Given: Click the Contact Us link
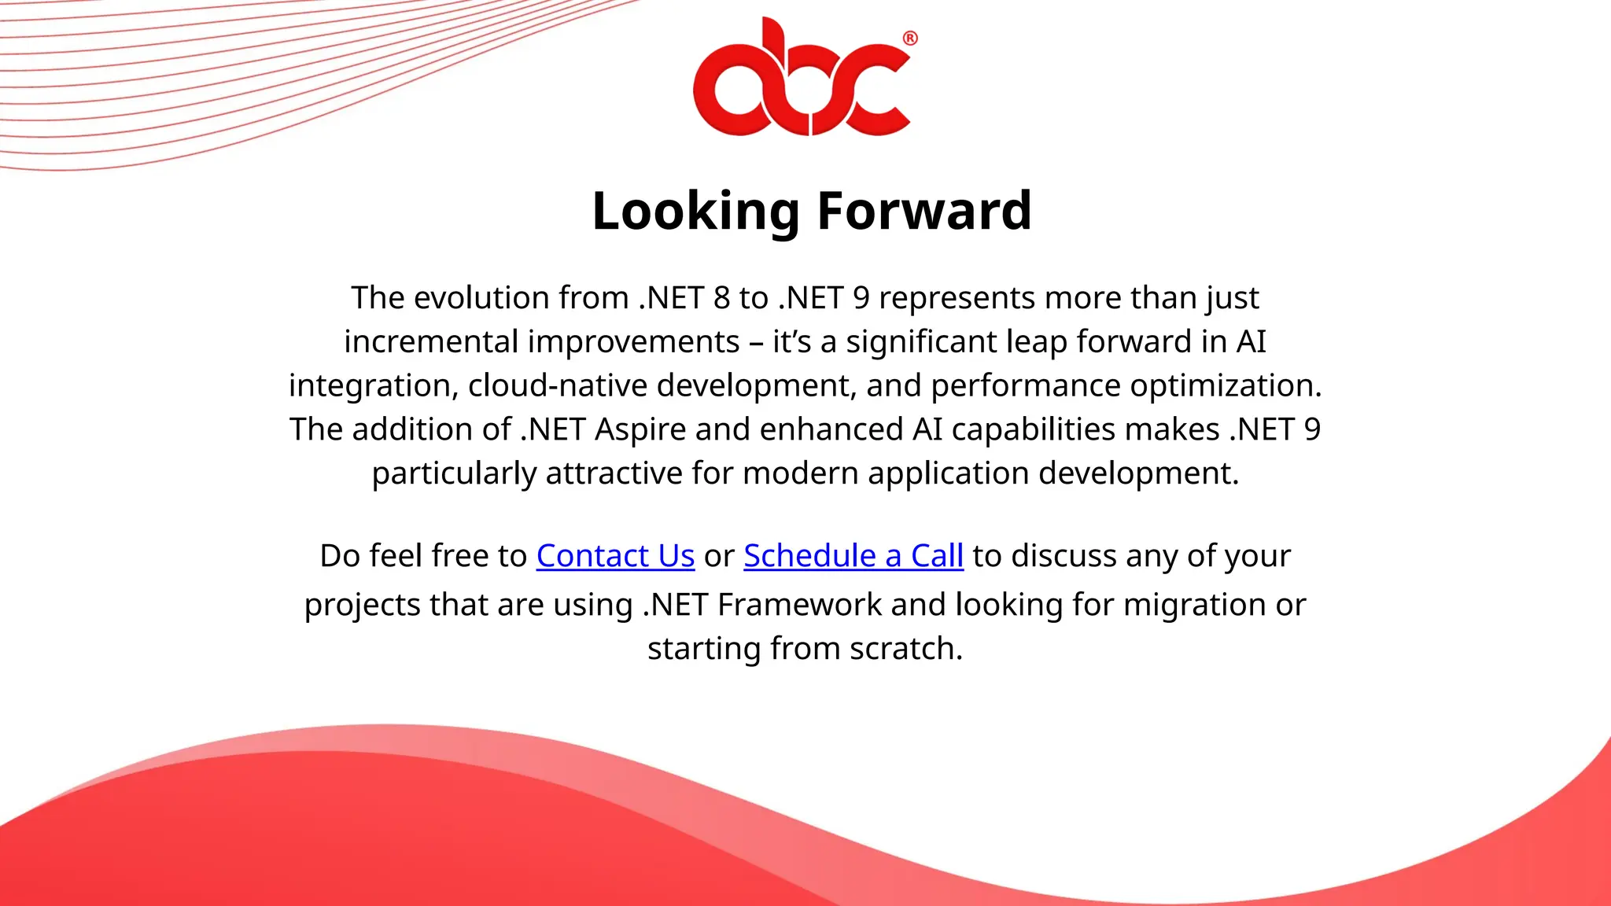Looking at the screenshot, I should pos(615,556).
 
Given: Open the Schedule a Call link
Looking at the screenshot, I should pos(853,556).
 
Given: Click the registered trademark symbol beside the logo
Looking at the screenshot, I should pos(909,39).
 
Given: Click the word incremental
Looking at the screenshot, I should pos(431,342).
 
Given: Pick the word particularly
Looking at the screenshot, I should pos(453,473).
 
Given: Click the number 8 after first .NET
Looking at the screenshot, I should pos(721,298).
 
